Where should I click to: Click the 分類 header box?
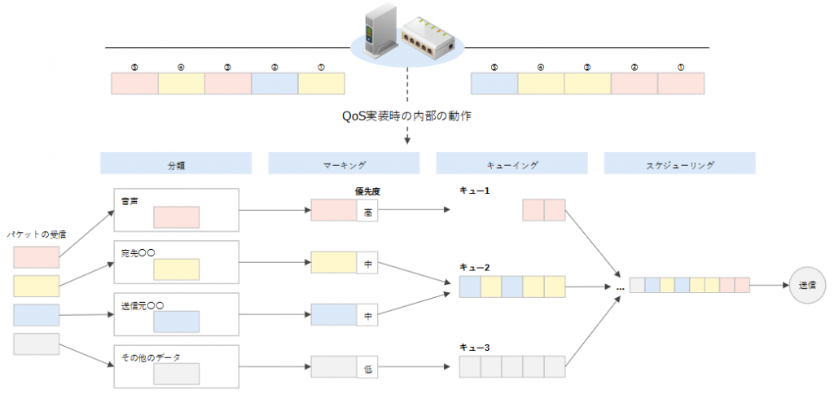click(x=175, y=164)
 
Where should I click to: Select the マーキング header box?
click(x=344, y=164)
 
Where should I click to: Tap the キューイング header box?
click(x=511, y=164)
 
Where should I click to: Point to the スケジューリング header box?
click(x=679, y=164)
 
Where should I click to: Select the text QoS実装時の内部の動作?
click(x=406, y=116)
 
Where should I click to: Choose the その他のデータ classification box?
click(x=175, y=367)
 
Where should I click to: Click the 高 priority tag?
click(x=368, y=211)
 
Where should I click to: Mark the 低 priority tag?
click(x=368, y=368)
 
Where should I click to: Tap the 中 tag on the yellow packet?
click(x=368, y=264)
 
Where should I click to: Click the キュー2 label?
click(x=473, y=267)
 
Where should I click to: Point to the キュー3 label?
click(x=473, y=347)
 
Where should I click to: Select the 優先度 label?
click(x=368, y=192)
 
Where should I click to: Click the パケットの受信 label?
click(x=37, y=234)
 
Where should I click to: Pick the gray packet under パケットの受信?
click(x=37, y=344)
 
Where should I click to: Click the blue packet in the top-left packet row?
click(x=274, y=84)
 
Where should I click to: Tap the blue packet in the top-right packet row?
click(x=494, y=84)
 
